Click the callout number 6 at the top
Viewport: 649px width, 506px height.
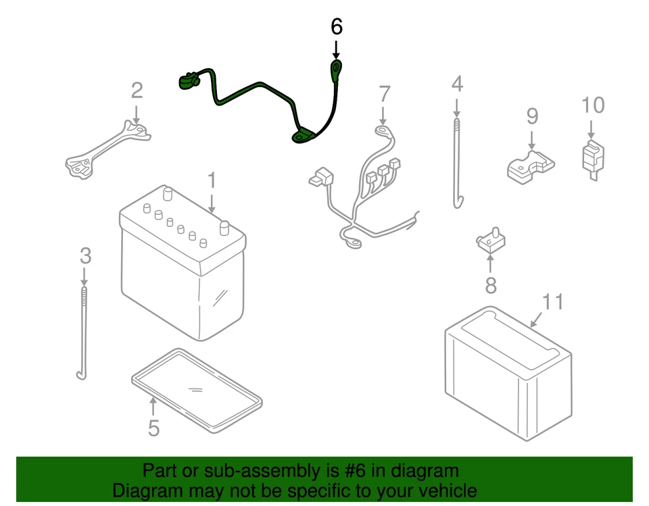tap(336, 27)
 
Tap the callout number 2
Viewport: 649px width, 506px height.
tap(137, 90)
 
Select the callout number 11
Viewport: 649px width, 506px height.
tap(552, 301)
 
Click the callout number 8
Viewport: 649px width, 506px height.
tap(491, 285)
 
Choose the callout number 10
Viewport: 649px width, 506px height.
tap(592, 105)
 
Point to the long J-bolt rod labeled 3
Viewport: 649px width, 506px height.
tap(84, 331)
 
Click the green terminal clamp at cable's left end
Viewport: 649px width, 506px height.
tap(187, 82)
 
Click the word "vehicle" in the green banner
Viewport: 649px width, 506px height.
tap(443, 490)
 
